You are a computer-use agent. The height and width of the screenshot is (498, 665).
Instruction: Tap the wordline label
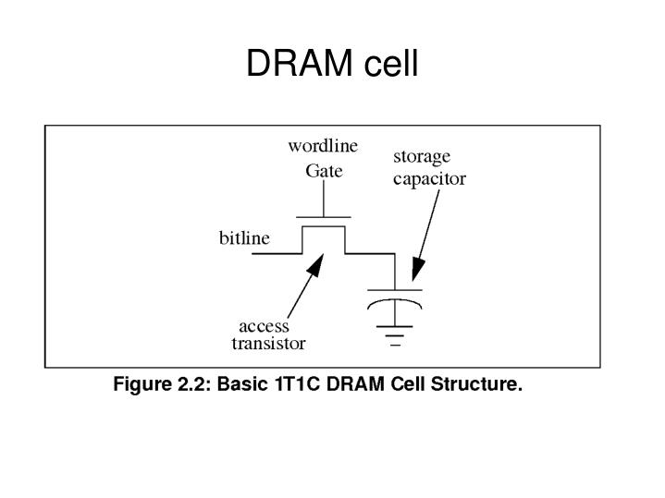323,146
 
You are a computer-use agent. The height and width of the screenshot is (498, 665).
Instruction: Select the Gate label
324,171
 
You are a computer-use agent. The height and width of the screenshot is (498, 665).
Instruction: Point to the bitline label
244,238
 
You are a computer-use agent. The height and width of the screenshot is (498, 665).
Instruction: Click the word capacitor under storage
429,179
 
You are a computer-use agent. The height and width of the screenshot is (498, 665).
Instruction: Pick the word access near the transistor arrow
264,326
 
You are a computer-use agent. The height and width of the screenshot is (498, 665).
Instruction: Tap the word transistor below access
268,344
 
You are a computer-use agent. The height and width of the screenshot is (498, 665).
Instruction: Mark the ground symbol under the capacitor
396,332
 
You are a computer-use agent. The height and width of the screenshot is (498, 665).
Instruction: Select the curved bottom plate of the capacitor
396,302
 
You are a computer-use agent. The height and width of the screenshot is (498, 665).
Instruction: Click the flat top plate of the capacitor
396,289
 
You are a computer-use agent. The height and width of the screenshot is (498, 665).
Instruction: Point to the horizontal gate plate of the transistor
324,217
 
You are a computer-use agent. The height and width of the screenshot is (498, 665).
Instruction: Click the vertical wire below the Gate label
324,198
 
